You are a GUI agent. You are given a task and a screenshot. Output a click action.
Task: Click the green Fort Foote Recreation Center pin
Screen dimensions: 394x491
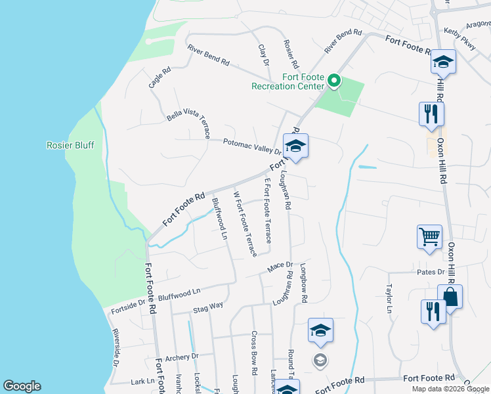pyautogui.click(x=333, y=81)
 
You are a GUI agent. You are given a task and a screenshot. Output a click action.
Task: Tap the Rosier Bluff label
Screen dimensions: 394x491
pyautogui.click(x=70, y=145)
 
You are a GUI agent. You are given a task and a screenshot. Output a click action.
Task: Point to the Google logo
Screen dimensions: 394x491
pyautogui.click(x=22, y=386)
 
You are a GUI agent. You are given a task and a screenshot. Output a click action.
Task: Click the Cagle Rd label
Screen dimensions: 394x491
pyautogui.click(x=159, y=77)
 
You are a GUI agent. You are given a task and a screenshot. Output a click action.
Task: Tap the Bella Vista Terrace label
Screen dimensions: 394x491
pyautogui.click(x=188, y=124)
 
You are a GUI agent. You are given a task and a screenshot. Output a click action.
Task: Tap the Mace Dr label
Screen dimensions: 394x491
pyautogui.click(x=280, y=267)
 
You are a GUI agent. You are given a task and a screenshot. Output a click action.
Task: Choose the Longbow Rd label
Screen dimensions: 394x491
pyautogui.click(x=304, y=283)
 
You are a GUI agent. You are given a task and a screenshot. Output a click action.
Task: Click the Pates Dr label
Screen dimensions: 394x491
pyautogui.click(x=431, y=271)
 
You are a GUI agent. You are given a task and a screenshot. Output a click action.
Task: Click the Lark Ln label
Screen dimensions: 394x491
pyautogui.click(x=142, y=381)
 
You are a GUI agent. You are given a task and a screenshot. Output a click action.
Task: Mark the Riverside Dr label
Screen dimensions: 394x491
pyautogui.click(x=116, y=347)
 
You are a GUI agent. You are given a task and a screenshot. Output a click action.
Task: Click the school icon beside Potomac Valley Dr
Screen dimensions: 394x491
pyautogui.click(x=295, y=146)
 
